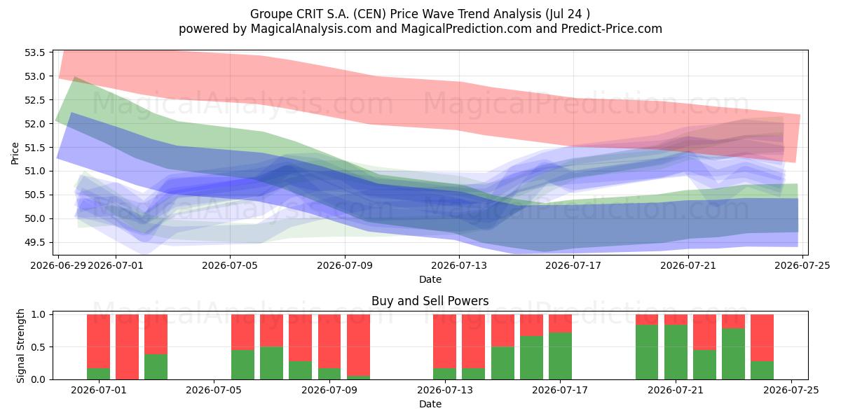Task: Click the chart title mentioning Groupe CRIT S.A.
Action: [x=420, y=14]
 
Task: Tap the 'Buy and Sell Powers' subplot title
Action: [x=430, y=301]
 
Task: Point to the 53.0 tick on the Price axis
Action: [x=34, y=76]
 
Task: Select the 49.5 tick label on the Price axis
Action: [x=34, y=243]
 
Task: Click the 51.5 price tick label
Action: [x=34, y=148]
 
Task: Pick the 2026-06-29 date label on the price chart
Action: [x=59, y=265]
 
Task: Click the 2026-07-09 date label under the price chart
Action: [x=345, y=265]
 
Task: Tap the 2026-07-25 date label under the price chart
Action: [x=802, y=265]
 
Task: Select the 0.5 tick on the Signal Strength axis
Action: [x=38, y=347]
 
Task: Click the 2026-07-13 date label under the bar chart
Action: [x=445, y=391]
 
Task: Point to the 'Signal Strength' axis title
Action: [x=20, y=346]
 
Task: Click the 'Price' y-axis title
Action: [x=15, y=153]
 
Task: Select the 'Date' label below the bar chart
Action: [x=430, y=405]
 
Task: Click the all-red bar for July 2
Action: [x=127, y=347]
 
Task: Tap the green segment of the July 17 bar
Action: [x=560, y=356]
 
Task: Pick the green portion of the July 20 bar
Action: [x=647, y=352]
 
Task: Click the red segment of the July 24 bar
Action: [x=763, y=338]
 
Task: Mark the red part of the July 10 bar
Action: [x=358, y=345]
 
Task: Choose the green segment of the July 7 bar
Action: [x=271, y=363]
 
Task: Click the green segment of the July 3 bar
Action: [x=156, y=367]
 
